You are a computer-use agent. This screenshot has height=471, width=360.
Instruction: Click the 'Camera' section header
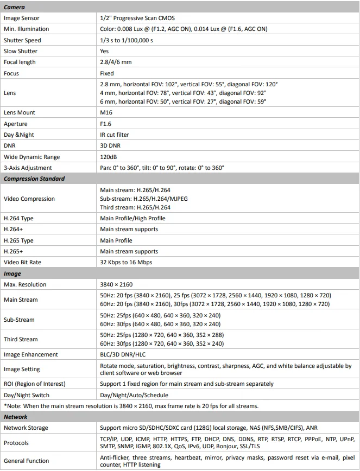[x=14, y=7]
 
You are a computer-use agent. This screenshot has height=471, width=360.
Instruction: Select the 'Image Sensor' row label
[x=22, y=18]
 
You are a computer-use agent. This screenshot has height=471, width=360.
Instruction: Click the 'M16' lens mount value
[x=106, y=112]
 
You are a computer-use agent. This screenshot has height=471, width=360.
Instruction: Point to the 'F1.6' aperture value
[x=106, y=124]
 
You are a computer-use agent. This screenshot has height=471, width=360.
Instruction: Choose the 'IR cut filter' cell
[x=115, y=135]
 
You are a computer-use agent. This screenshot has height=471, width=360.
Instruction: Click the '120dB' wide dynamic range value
[x=109, y=157]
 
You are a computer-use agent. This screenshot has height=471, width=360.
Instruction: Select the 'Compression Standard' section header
[x=34, y=179]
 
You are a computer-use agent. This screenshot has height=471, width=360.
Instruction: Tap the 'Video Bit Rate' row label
[x=22, y=262]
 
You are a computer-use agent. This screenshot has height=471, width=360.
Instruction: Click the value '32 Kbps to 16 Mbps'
[x=126, y=262]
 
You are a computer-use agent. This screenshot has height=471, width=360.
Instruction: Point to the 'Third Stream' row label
[x=21, y=339]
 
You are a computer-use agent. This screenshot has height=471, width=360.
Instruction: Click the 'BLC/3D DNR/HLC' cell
[x=123, y=354]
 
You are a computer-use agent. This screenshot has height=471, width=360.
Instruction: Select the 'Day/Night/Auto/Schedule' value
[x=134, y=395]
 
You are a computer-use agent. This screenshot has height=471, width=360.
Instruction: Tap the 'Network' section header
[x=16, y=417]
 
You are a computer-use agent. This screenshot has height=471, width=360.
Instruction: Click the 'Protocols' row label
[x=16, y=443]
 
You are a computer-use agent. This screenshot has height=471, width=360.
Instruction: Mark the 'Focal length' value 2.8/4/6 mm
[x=116, y=62]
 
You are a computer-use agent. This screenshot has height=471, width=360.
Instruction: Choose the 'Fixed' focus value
[x=107, y=73]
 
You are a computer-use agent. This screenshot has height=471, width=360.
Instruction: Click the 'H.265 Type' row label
[x=18, y=240]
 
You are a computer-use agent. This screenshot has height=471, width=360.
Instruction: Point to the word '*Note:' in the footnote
[x=12, y=406]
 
